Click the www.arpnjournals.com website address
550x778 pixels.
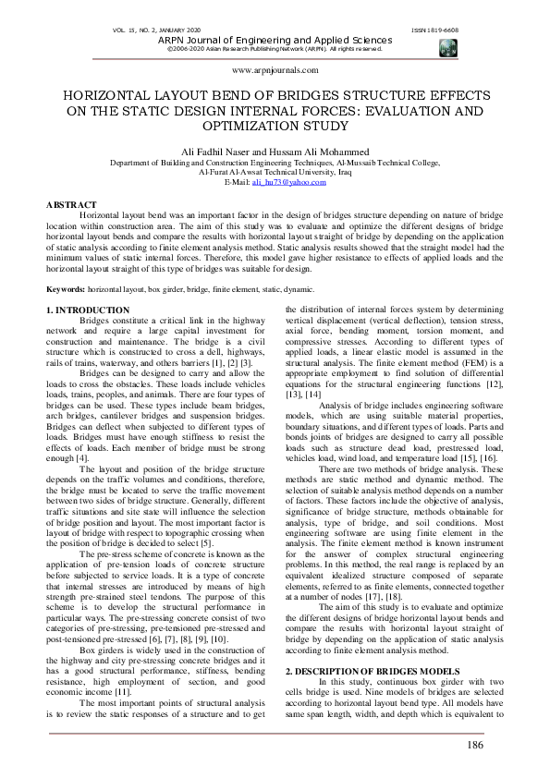[275, 70]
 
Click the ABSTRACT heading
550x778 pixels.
[71, 204]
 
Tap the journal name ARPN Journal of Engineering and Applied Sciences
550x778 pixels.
[275, 41]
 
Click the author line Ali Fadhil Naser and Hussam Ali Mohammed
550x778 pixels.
[275, 151]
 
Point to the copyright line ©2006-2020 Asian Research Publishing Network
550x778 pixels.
[275, 49]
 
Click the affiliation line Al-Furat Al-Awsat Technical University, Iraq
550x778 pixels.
[275, 172]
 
